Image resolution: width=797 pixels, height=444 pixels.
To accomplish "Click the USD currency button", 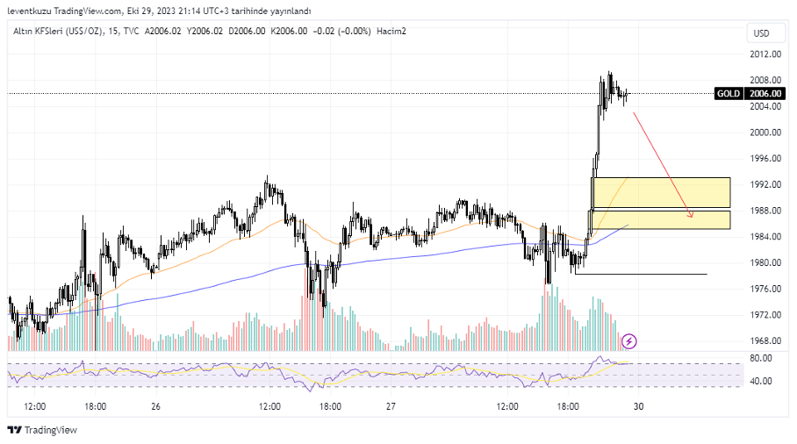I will click(x=761, y=33).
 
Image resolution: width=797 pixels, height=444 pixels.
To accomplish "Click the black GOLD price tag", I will click(x=728, y=93).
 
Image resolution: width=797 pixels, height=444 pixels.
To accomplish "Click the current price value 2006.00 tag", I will click(x=765, y=93).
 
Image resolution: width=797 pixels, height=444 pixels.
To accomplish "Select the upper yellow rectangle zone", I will click(x=661, y=192).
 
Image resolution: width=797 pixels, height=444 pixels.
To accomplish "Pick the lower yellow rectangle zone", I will click(x=661, y=219).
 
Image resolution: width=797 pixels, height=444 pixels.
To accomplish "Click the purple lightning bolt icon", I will click(x=629, y=340).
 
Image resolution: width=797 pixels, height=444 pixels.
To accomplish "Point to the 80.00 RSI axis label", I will click(x=761, y=358).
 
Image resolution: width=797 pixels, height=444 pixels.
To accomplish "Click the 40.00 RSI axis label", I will click(x=761, y=381).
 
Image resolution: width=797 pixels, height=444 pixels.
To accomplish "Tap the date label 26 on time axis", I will click(x=155, y=407).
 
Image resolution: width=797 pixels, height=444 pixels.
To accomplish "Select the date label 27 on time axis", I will click(x=391, y=407).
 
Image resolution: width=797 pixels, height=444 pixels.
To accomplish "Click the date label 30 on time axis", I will click(x=639, y=407).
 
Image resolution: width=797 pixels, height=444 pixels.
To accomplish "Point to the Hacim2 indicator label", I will click(x=391, y=32).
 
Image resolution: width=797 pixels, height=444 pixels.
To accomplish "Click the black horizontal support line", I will click(x=641, y=274).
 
